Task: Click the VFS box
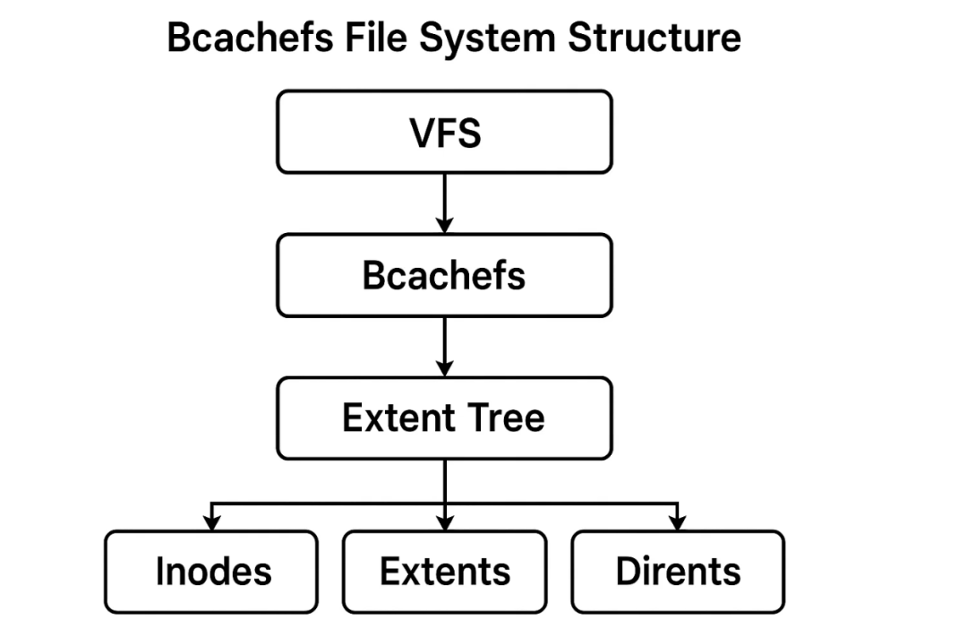444,132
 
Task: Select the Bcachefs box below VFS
444,275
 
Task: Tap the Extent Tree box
444,418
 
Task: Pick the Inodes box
211,572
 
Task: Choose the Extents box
444,572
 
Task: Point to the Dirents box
678,572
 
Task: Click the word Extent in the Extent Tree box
394,418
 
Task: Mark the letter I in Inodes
159,572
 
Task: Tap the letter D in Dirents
627,572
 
